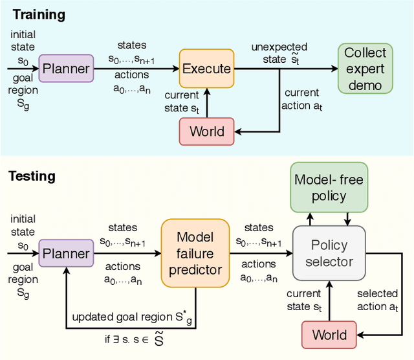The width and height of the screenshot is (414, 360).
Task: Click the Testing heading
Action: pyautogui.click(x=32, y=176)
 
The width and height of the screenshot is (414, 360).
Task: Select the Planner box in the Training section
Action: pyautogui.click(x=65, y=69)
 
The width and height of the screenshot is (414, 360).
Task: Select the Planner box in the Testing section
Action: pyautogui.click(x=65, y=253)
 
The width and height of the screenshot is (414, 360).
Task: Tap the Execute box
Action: pyautogui.click(x=206, y=69)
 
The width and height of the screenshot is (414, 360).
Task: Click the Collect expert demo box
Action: pyautogui.click(x=365, y=69)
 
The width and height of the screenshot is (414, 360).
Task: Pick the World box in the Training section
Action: pyautogui.click(x=206, y=131)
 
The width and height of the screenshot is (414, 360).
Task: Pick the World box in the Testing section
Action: pyautogui.click(x=329, y=335)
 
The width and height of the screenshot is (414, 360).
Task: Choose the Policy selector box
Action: pyautogui.click(x=329, y=253)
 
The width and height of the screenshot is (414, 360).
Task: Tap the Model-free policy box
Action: pyautogui.click(x=329, y=186)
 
